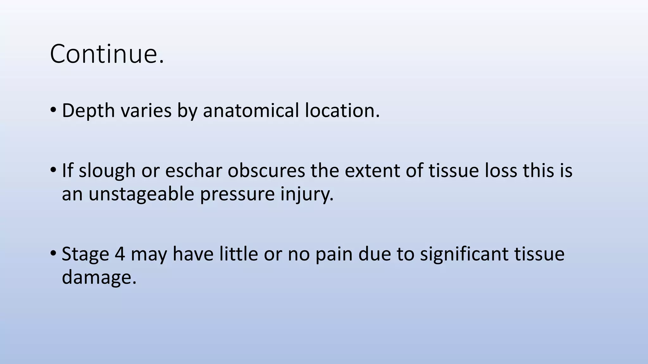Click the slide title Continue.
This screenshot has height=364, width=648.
(107, 54)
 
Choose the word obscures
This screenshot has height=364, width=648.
(266, 171)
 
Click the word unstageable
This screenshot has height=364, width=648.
(141, 194)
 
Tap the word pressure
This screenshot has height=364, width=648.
(237, 194)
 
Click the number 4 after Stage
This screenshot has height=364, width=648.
(120, 254)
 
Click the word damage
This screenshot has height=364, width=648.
(99, 277)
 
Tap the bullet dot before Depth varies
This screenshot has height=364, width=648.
(53, 111)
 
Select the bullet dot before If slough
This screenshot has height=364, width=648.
(53, 171)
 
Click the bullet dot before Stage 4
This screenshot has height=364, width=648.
(53, 254)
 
